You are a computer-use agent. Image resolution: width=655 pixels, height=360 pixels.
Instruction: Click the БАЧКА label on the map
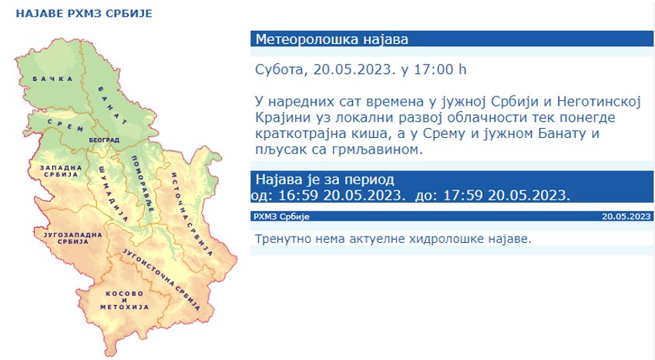click(52, 79)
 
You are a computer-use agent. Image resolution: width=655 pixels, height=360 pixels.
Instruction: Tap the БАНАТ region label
click(113, 106)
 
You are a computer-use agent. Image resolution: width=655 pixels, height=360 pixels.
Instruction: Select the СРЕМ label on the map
click(65, 125)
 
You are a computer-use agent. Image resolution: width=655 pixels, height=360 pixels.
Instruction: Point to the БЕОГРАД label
click(104, 140)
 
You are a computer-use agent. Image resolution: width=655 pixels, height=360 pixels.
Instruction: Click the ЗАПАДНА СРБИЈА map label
click(61, 171)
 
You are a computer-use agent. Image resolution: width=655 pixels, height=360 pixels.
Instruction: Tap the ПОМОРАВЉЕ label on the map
click(143, 184)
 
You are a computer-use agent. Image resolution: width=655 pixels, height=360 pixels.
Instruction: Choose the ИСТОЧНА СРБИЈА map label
click(192, 214)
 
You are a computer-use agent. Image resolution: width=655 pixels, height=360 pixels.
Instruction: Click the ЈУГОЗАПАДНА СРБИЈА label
click(73, 238)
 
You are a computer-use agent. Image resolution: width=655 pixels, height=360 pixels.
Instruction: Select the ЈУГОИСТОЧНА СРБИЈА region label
click(162, 279)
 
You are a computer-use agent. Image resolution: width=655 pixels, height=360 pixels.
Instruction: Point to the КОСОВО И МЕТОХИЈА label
click(125, 300)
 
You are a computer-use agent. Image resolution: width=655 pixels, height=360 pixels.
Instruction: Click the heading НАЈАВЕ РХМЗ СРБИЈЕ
click(84, 13)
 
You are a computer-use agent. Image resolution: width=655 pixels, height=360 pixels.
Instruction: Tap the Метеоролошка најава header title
click(331, 39)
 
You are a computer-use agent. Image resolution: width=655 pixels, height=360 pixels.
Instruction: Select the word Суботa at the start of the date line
click(280, 70)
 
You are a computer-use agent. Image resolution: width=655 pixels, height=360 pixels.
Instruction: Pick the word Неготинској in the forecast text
click(599, 102)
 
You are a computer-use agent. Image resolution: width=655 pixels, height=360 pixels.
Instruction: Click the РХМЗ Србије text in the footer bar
click(281, 217)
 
